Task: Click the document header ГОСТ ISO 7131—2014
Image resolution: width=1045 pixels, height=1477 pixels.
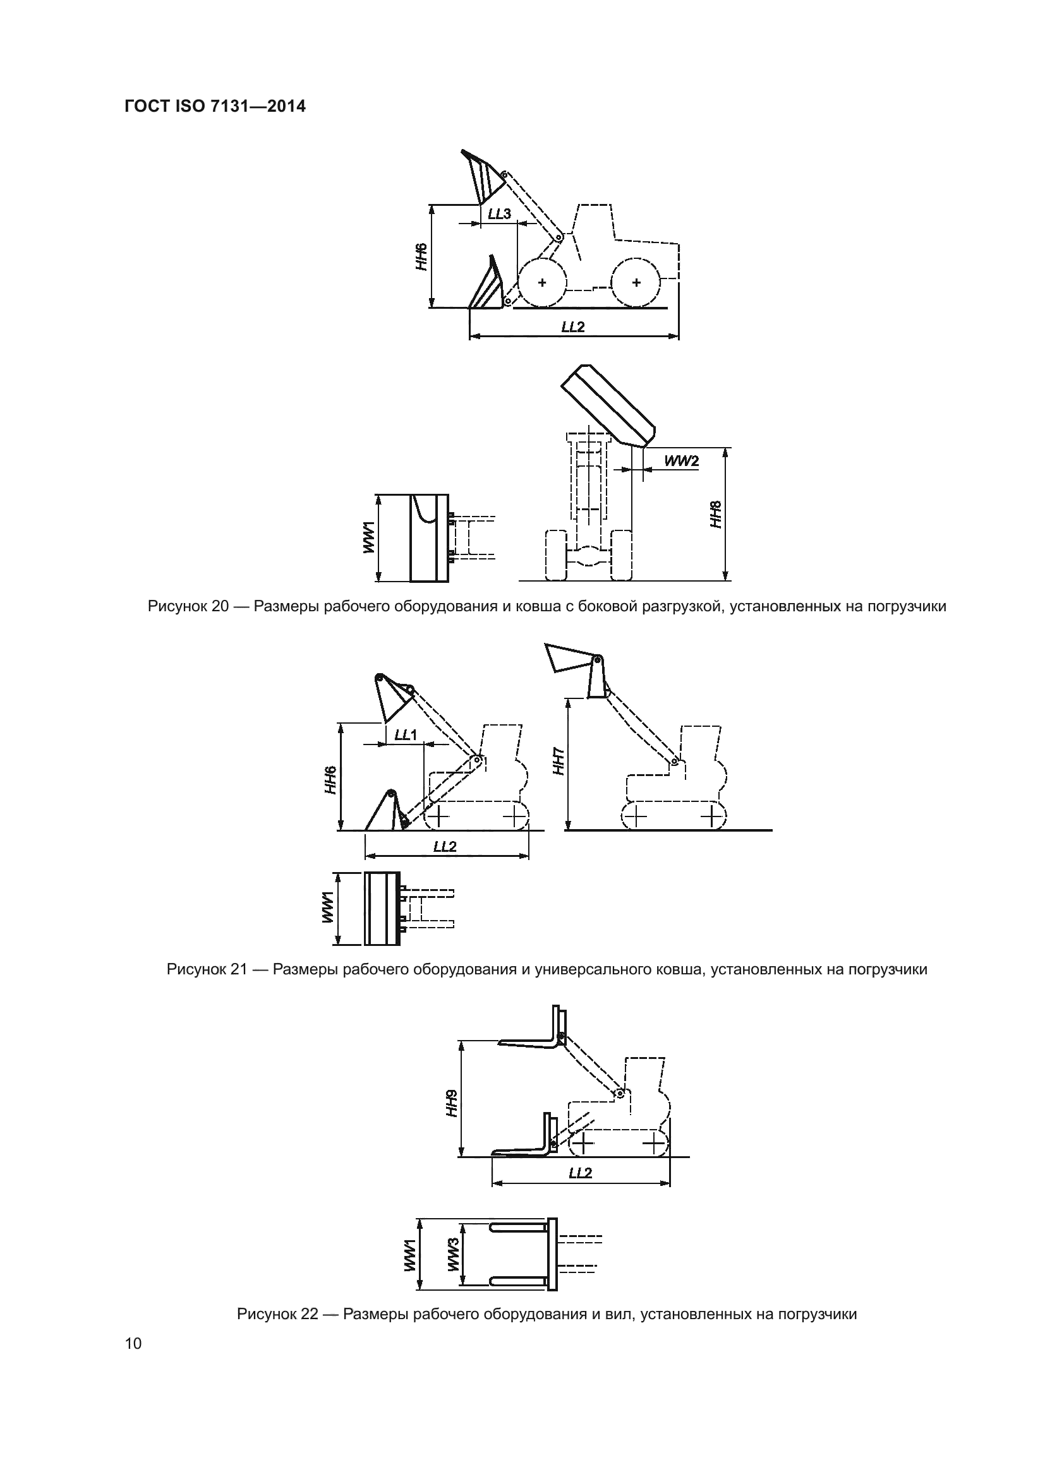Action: (215, 107)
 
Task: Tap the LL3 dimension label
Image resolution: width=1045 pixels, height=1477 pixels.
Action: (499, 213)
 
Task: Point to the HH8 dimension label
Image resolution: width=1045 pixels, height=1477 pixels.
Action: (716, 515)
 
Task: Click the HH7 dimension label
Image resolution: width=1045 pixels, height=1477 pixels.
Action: (559, 761)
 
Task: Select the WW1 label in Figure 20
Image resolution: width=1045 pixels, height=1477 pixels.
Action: (368, 538)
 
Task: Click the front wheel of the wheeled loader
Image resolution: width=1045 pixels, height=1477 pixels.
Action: (542, 282)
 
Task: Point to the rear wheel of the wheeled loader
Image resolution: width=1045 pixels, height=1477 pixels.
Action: (636, 282)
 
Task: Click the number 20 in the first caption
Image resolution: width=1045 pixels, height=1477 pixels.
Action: (220, 606)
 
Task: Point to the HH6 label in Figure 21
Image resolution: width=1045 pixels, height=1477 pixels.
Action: (330, 779)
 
